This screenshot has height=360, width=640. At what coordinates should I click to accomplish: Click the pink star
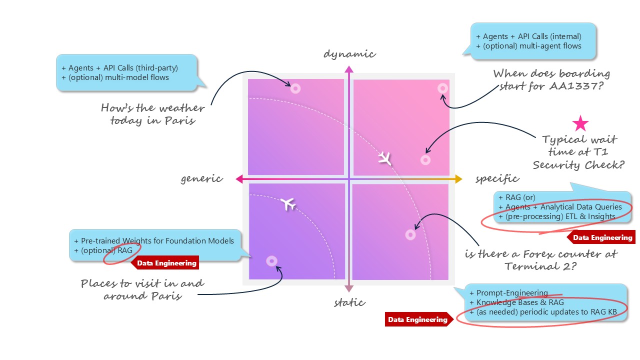(580, 123)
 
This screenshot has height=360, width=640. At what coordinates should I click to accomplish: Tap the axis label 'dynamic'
(349, 53)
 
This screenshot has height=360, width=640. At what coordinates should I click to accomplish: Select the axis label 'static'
(349, 302)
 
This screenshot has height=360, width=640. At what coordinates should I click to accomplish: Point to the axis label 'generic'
(201, 178)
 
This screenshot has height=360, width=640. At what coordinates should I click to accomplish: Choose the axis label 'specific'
(497, 178)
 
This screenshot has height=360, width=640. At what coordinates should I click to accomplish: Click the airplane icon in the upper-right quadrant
(384, 158)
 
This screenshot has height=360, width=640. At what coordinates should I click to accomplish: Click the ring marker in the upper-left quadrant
(295, 89)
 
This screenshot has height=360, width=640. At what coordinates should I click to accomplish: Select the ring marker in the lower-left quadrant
(271, 260)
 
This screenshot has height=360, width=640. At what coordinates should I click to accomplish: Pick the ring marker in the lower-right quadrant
(410, 234)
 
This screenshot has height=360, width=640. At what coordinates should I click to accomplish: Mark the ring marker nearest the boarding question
(442, 88)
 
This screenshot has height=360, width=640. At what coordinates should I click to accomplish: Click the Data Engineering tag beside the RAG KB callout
(417, 319)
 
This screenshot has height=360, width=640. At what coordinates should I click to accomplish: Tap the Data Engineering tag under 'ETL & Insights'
(602, 237)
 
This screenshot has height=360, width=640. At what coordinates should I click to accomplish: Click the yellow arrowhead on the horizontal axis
(458, 178)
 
